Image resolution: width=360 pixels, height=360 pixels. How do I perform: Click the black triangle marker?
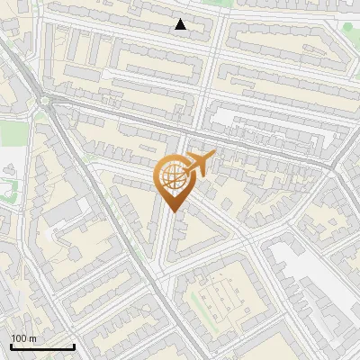pos(181,24)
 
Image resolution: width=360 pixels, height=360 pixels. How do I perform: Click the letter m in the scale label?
pos(33,338)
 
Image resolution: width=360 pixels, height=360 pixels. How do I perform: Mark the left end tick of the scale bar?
pos(10,346)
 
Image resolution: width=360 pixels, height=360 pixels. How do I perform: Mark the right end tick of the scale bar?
pos(74,346)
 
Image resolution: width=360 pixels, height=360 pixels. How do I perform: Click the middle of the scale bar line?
pos(41,347)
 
